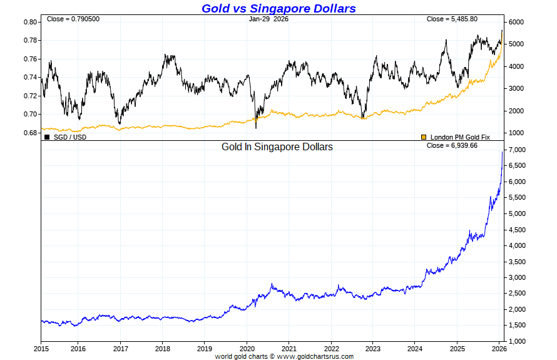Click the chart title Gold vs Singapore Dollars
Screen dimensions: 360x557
pyautogui.click(x=278, y=8)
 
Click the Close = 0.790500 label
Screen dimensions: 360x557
pyautogui.click(x=73, y=19)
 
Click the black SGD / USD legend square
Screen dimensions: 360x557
pyautogui.click(x=47, y=136)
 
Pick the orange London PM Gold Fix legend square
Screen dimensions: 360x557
pyautogui.click(x=424, y=136)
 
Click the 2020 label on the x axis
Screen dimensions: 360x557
pyautogui.click(x=247, y=348)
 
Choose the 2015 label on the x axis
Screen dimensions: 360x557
pyautogui.click(x=41, y=348)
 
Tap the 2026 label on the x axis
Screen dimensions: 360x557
pyautogui.click(x=499, y=348)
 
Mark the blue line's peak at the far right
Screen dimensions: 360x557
pyautogui.click(x=503, y=152)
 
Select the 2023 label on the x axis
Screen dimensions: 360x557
pyautogui.click(x=373, y=348)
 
